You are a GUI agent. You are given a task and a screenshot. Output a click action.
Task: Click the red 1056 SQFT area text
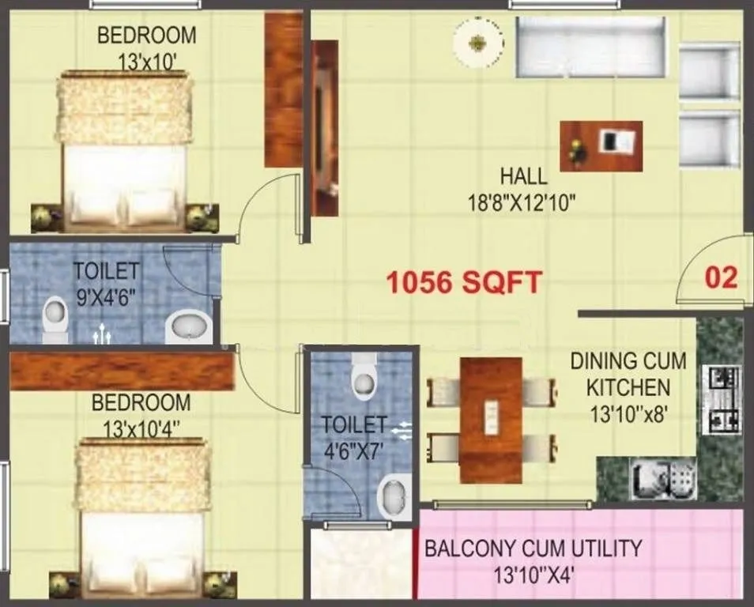pos(464,281)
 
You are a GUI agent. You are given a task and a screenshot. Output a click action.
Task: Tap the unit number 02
pos(720,277)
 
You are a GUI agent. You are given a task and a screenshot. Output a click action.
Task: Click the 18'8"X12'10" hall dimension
pos(521,202)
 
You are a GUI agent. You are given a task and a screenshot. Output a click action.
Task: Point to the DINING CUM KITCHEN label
pos(628,375)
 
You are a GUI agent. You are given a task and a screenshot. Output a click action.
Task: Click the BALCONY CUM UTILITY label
pos(533,547)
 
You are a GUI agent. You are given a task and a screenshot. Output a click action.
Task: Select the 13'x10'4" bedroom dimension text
pos(141,428)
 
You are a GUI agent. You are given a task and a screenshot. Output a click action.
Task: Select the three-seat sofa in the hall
pos(591,47)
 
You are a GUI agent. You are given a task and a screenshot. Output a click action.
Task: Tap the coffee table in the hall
pos(601,145)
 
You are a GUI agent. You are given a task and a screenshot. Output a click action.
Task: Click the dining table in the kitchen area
pos(491,420)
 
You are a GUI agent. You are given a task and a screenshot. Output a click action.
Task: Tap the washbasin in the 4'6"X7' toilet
pos(393,494)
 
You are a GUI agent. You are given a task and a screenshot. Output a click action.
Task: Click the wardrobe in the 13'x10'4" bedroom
pos(123,371)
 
